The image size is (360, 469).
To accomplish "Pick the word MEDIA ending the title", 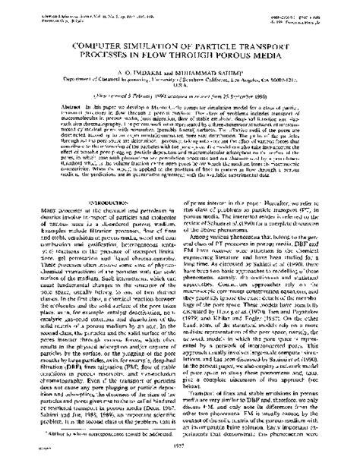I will coord(268,59).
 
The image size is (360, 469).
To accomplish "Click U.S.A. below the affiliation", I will coord(180,90).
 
